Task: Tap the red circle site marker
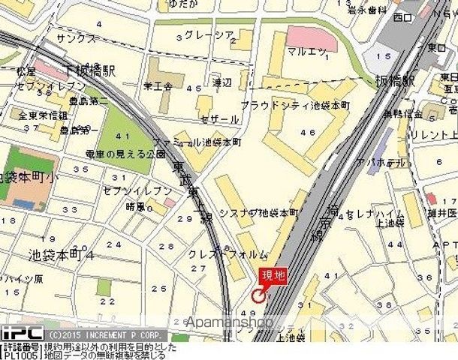[x=258, y=295]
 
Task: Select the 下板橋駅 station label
[x=91, y=70]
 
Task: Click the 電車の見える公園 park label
[x=114, y=154]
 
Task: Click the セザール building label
[x=219, y=119]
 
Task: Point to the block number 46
[x=307, y=132]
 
